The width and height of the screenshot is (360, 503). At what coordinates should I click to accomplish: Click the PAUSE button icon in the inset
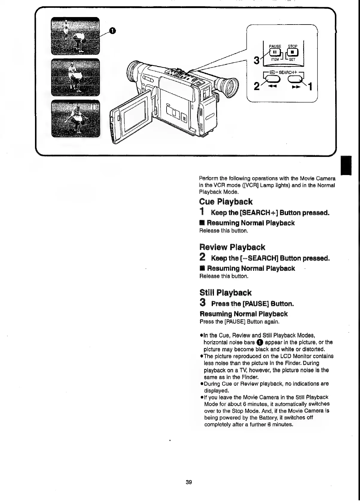(x=274, y=53)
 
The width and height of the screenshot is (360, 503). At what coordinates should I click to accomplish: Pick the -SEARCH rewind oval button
(x=272, y=79)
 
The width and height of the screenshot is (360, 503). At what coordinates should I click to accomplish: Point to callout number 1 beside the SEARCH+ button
(x=310, y=87)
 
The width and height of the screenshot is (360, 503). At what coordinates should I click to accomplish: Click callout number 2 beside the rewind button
(x=256, y=87)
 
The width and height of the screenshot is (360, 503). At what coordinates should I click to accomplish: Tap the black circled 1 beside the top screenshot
(x=112, y=30)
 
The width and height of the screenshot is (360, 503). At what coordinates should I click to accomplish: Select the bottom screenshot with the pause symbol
(x=76, y=118)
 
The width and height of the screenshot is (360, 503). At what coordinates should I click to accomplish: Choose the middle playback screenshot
(x=76, y=77)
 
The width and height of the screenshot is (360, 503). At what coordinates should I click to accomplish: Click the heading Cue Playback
(x=226, y=202)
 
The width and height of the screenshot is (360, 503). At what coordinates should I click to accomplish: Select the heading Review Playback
(x=232, y=247)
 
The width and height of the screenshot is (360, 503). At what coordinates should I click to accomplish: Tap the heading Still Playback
(x=225, y=293)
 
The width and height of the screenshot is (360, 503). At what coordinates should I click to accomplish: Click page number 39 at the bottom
(x=189, y=482)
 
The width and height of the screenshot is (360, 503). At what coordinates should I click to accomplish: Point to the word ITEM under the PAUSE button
(x=274, y=60)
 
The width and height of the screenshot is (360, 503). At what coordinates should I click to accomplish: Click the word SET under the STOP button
(x=292, y=60)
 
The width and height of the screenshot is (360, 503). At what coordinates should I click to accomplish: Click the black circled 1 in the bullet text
(x=260, y=342)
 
